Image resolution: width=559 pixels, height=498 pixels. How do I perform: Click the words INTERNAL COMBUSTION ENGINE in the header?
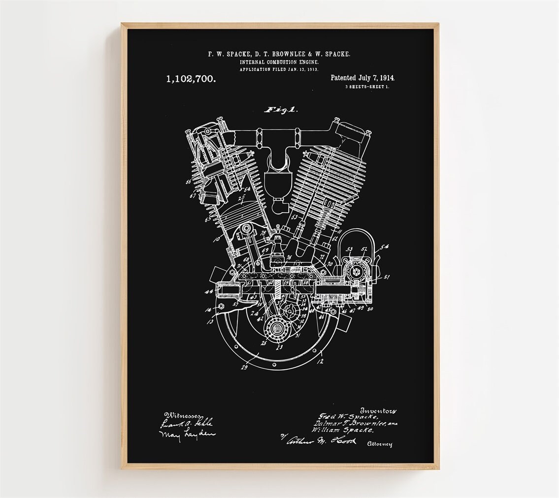pos(279,62)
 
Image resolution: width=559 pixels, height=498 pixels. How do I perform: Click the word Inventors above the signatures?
pos(378,410)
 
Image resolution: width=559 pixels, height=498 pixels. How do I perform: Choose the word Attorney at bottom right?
pos(379,444)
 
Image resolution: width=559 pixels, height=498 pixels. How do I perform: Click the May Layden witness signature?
pos(180,434)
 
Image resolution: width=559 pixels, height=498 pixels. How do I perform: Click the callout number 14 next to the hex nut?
pos(208,310)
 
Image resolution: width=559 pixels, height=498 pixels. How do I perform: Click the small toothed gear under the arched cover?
pos(354,271)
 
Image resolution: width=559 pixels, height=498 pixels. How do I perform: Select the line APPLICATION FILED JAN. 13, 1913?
pos(279,70)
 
